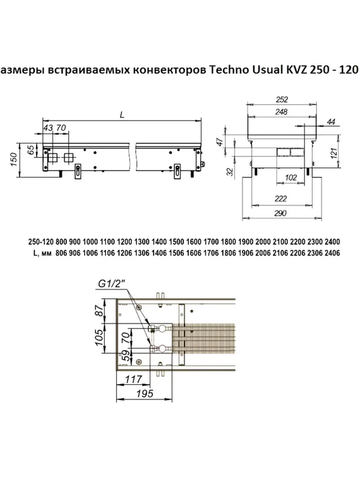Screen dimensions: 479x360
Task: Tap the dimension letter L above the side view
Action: tap(121, 114)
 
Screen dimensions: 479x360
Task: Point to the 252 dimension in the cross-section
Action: tap(282, 99)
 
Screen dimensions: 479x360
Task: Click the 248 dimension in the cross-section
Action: tap(282, 111)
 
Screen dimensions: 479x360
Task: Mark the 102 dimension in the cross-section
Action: tap(291, 178)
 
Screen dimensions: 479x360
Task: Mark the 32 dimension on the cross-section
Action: tap(229, 172)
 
